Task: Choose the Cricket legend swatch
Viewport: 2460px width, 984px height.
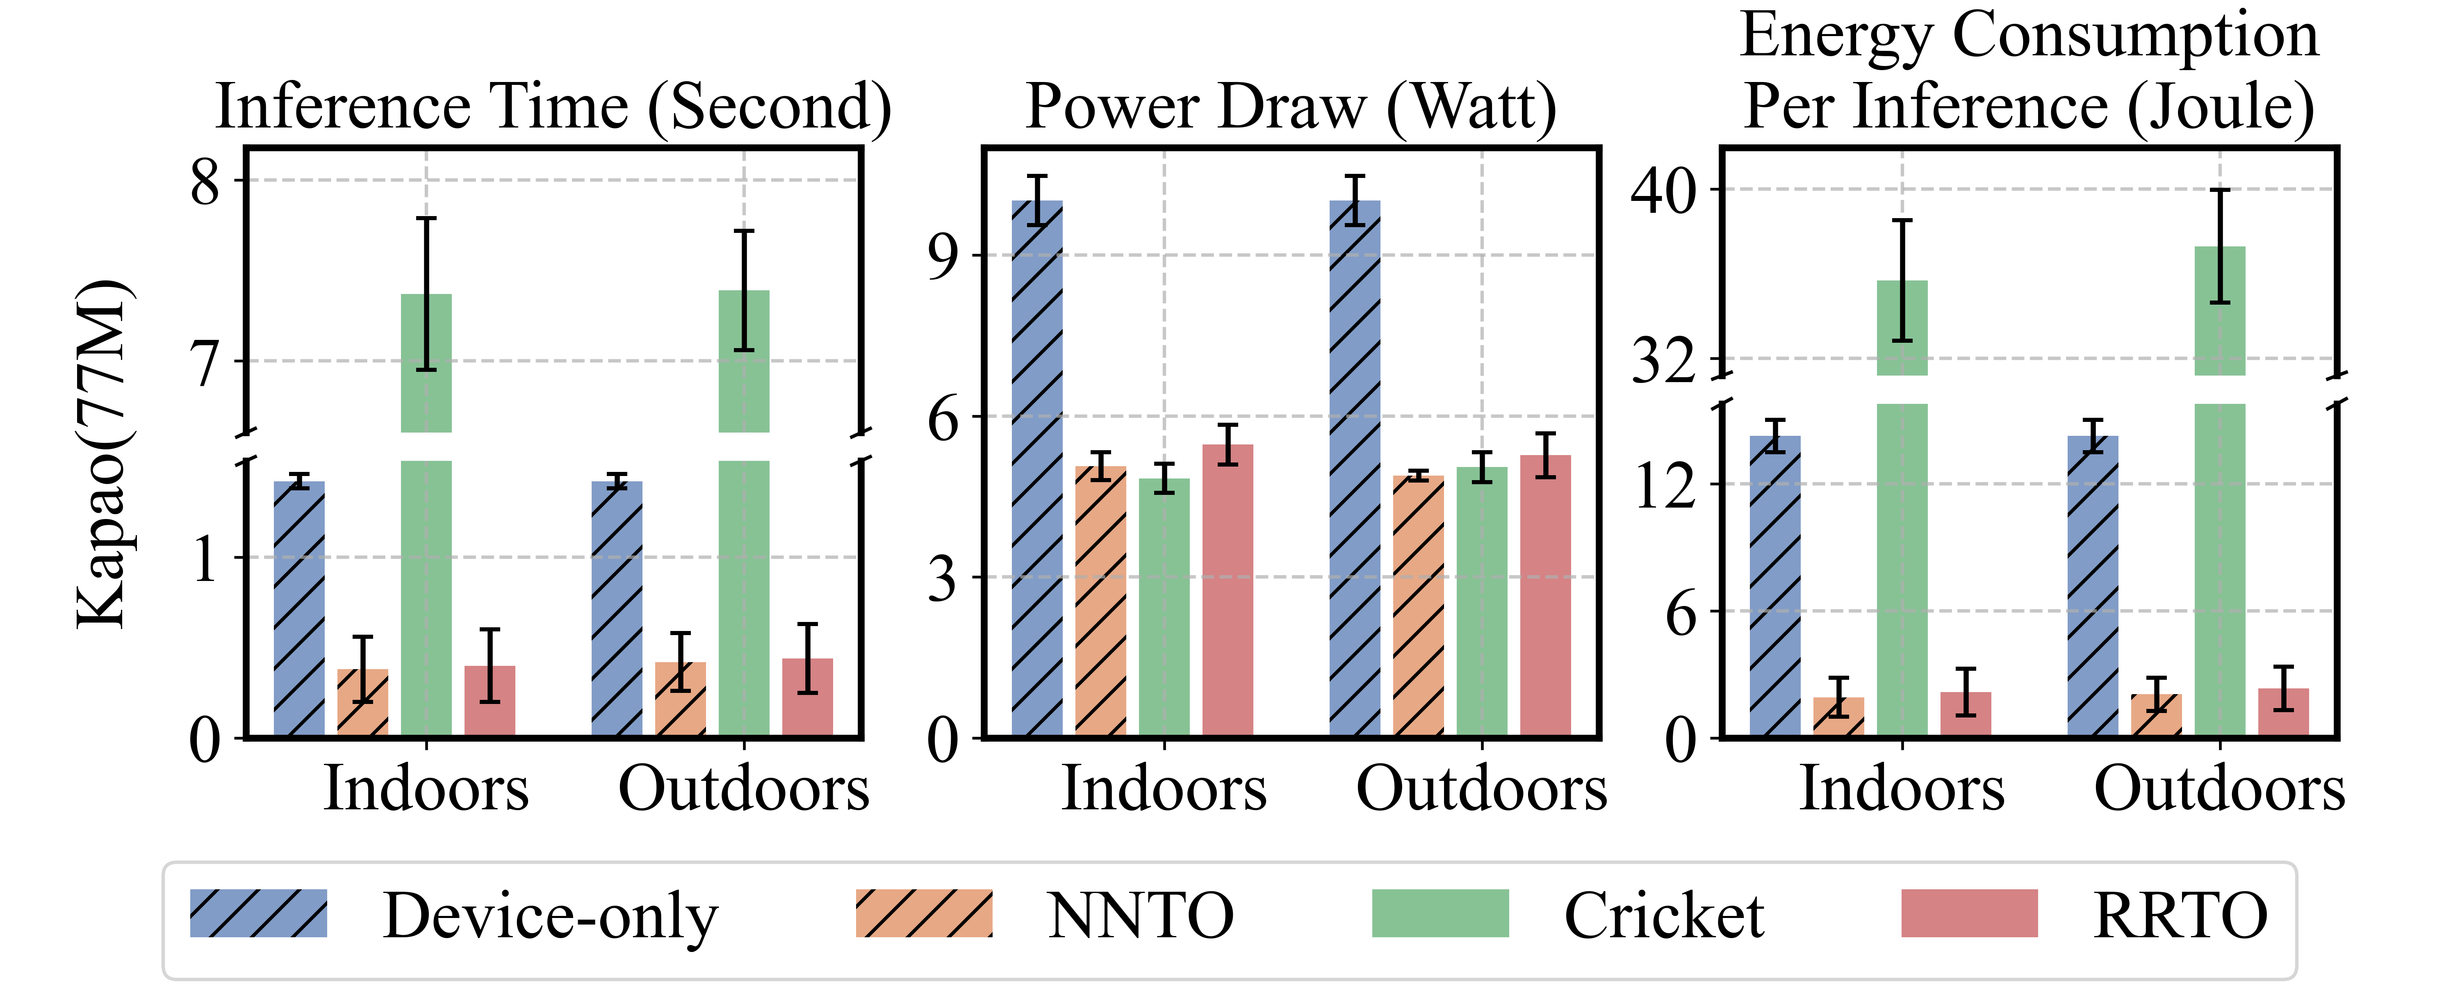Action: pyautogui.click(x=1440, y=913)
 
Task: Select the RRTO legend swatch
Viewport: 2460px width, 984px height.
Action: pyautogui.click(x=1969, y=913)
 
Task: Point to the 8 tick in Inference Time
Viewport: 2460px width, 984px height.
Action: pyautogui.click(x=205, y=182)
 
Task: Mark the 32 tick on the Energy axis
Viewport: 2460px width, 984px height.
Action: pyautogui.click(x=1663, y=361)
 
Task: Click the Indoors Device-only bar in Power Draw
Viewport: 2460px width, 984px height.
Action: pyautogui.click(x=1037, y=468)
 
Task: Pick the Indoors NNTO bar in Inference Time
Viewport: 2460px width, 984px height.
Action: pyautogui.click(x=363, y=702)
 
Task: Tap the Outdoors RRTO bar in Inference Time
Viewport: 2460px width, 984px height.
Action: pyautogui.click(x=807, y=697)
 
